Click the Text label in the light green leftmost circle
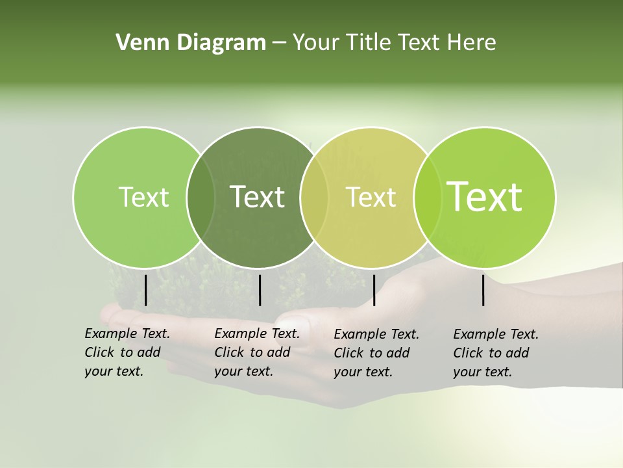(143, 197)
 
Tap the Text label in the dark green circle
(257, 197)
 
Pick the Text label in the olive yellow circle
(371, 197)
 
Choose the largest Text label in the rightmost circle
(484, 197)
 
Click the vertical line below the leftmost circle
(145, 290)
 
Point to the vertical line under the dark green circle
(260, 290)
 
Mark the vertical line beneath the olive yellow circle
(374, 290)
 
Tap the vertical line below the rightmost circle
(483, 290)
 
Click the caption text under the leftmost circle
(127, 352)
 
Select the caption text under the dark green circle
(256, 352)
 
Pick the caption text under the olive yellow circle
(376, 353)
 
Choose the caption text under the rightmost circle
(495, 353)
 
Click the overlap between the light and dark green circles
(201, 197)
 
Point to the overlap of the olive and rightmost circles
(426, 197)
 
